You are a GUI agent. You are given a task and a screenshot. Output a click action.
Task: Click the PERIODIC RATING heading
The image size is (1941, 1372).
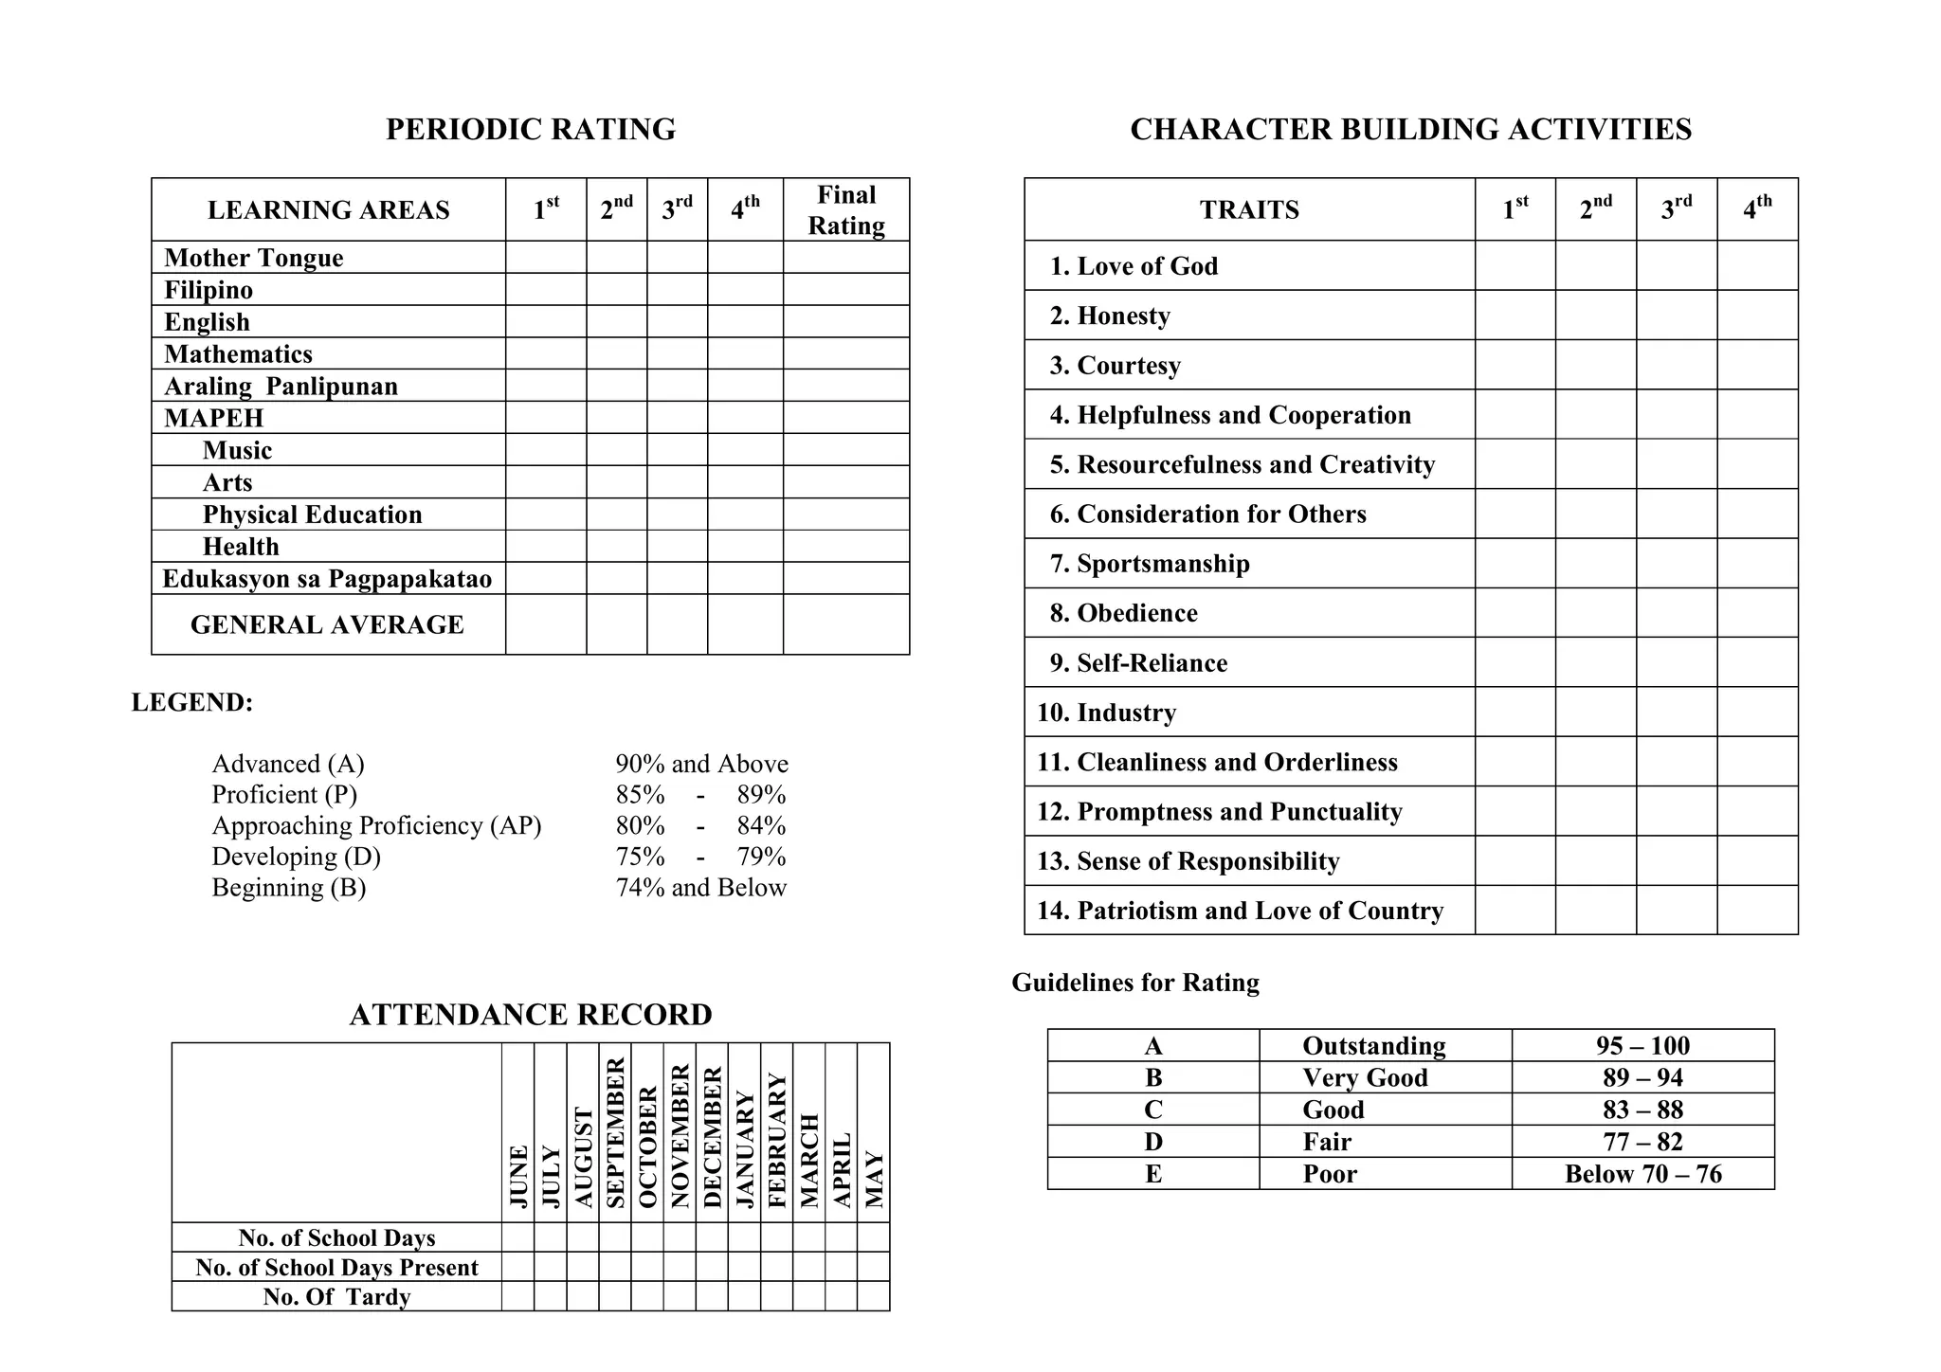pos(530,129)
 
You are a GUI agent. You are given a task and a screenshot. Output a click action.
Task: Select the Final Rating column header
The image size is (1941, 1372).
pos(845,209)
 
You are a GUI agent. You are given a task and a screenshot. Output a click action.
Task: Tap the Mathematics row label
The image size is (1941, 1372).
pos(238,353)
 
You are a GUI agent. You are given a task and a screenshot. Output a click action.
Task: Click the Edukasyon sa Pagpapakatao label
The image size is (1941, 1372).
pos(327,578)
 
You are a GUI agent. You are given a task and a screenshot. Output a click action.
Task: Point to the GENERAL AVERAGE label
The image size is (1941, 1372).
pos(327,624)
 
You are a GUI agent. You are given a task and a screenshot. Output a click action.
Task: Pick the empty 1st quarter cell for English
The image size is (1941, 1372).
pos(545,321)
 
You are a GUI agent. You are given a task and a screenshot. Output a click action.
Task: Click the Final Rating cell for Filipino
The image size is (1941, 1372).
pos(845,289)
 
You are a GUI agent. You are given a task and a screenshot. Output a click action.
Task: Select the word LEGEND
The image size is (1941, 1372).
pos(191,702)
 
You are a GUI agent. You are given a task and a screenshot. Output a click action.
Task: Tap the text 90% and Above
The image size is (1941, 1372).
pos(701,764)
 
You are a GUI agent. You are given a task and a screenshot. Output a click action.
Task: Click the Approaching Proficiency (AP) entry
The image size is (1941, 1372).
pos(376,825)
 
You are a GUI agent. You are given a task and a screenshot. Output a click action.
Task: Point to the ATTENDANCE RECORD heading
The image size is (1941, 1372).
pos(530,1015)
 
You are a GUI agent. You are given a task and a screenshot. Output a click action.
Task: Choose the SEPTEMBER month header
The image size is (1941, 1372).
pos(615,1132)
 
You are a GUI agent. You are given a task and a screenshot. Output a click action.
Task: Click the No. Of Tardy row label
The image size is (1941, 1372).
pos(336,1296)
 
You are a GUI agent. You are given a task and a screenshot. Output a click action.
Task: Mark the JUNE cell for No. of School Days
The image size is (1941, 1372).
pos(517,1237)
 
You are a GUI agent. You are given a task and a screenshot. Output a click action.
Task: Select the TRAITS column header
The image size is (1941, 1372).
pos(1248,209)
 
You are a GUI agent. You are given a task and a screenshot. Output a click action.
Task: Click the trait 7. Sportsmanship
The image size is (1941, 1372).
pos(1149,564)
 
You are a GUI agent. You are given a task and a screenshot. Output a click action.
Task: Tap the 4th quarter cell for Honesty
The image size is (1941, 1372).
pos(1756,315)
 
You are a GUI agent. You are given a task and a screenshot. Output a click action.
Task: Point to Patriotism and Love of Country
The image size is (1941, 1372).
pos(1240,911)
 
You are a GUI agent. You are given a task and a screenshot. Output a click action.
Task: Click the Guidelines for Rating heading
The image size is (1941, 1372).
pos(1134,983)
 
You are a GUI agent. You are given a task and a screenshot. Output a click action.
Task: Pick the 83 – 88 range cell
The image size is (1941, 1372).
pos(1642,1110)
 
